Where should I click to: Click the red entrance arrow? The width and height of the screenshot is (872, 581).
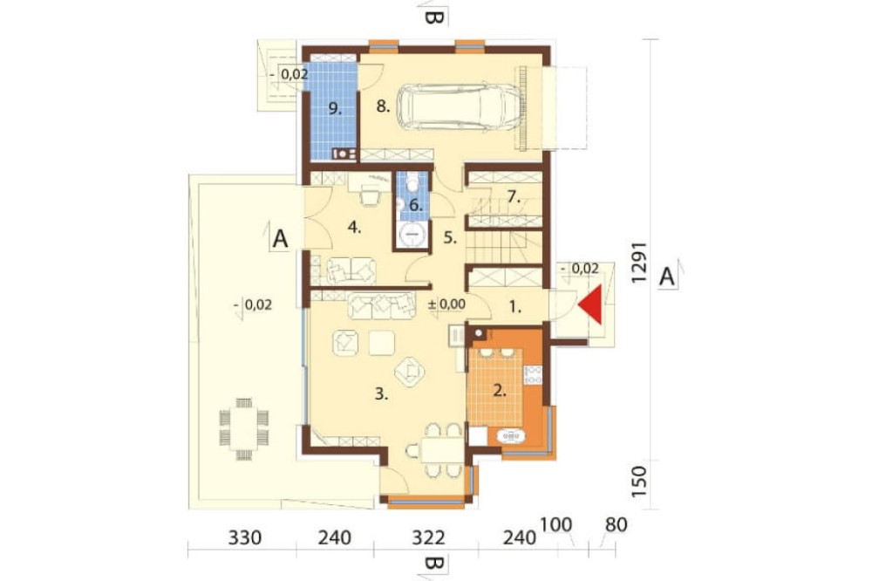point(590,304)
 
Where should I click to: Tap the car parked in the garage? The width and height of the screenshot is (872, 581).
point(460,107)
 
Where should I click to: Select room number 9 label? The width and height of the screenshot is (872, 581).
point(334,108)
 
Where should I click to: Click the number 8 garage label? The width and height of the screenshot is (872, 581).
point(383,106)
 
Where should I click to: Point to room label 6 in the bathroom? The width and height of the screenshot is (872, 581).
point(416,205)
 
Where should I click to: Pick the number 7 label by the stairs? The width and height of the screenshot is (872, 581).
point(514,196)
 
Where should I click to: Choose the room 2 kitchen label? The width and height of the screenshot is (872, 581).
point(500,391)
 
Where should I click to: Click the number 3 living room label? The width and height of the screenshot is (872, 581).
point(380,394)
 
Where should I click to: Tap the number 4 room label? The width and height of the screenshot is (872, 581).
point(354,227)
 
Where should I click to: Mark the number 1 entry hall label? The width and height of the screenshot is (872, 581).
point(515,306)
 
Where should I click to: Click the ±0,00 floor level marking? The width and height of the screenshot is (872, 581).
point(446,304)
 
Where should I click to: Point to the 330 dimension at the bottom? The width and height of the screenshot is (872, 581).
point(245,538)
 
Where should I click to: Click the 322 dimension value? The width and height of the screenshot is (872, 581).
point(429,538)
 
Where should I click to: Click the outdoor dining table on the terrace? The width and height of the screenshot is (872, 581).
point(244,429)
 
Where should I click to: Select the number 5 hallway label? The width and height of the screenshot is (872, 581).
point(450,238)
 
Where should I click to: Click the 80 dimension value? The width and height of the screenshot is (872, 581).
point(616,525)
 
